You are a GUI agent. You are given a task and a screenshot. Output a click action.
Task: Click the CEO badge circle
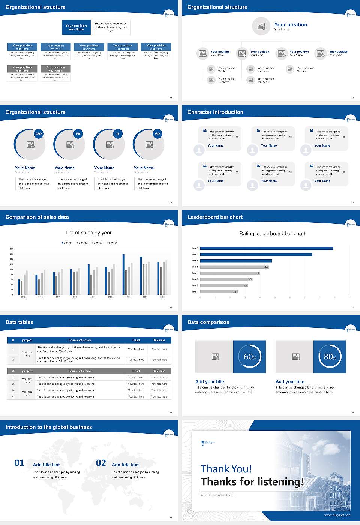pos(39,134)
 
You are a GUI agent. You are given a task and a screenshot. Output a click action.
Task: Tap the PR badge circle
pos(78,134)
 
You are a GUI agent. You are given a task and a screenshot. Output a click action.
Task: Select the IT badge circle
pos(118,134)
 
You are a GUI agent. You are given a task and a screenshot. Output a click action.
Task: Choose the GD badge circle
pos(157,134)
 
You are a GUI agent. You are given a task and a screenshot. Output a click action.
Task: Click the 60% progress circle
pos(250,357)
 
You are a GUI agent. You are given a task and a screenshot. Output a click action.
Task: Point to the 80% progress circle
pos(330,357)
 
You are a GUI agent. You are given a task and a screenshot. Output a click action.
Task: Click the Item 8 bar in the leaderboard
pos(267,248)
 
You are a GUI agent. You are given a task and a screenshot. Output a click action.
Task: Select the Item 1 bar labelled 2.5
pos(219,291)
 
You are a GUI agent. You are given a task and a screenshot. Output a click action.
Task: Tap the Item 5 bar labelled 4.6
pos(234,267)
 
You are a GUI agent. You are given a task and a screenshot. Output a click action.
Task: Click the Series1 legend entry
pos(67,243)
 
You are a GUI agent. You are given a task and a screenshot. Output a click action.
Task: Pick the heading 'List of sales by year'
pos(88,232)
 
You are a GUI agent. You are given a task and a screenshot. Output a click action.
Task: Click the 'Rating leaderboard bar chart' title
pos(272,233)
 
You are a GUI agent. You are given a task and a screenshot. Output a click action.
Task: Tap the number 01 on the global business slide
pos(19,463)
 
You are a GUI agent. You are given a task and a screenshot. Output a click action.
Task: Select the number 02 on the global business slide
pos(101,463)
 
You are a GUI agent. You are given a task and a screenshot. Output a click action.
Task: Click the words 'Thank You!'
pos(226,469)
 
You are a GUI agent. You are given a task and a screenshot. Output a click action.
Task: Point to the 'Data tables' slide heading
pos(19,322)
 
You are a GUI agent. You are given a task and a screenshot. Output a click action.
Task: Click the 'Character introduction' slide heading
pos(215,112)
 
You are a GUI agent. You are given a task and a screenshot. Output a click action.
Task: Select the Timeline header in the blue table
pos(159,340)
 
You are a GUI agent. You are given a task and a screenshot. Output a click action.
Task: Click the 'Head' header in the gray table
pos(136,371)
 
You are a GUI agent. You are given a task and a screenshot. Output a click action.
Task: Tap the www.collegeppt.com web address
pos(337,515)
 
